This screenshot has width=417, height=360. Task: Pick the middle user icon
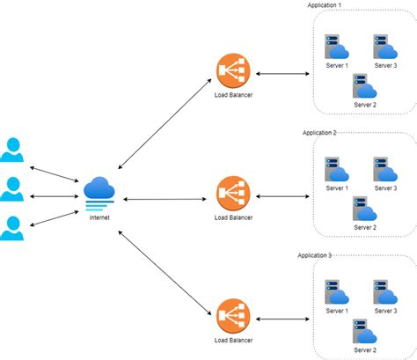click(12, 189)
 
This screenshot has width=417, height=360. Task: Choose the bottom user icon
click(12, 227)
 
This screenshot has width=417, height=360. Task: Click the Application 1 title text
click(325, 5)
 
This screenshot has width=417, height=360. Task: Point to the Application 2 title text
click(320, 132)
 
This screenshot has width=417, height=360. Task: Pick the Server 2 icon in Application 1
click(363, 86)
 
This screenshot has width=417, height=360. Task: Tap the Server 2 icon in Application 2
click(363, 209)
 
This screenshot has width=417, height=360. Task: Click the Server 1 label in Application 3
click(336, 311)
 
